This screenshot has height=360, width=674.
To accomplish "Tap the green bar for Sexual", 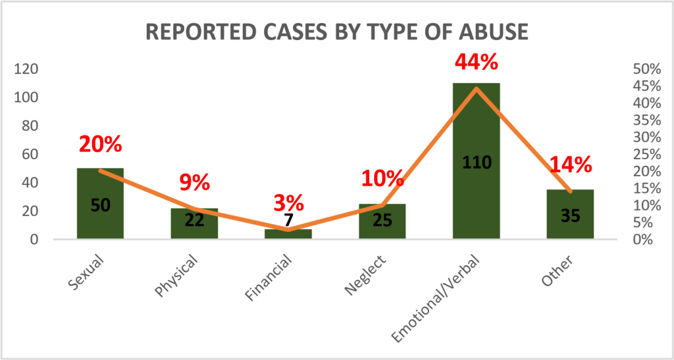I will pyautogui.click(x=100, y=217).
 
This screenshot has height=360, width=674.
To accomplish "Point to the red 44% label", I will pyautogui.click(x=477, y=63).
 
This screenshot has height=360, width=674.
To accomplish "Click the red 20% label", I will pyautogui.click(x=101, y=144).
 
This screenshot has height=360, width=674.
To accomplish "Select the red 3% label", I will pyautogui.click(x=288, y=203).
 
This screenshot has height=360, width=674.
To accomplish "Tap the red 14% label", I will pyautogui.click(x=570, y=165).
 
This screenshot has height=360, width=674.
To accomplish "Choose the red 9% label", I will pyautogui.click(x=194, y=182).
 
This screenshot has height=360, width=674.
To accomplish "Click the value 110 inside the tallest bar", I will pyautogui.click(x=477, y=162).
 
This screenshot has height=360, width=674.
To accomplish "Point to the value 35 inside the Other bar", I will pyautogui.click(x=570, y=215).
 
